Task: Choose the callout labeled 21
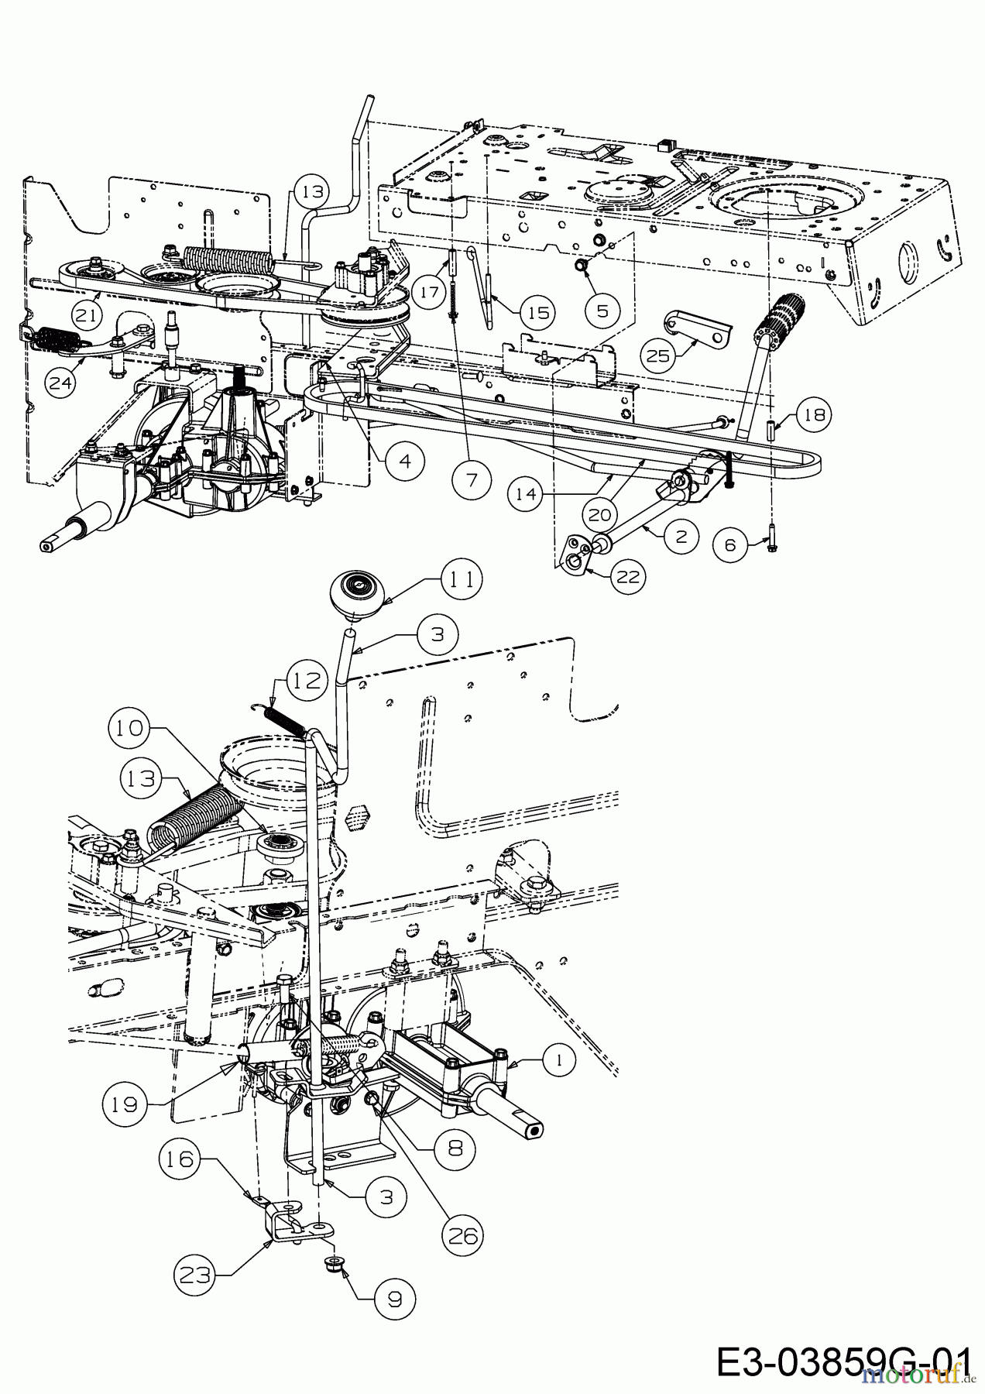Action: (x=89, y=314)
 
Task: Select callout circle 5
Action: (x=603, y=310)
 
